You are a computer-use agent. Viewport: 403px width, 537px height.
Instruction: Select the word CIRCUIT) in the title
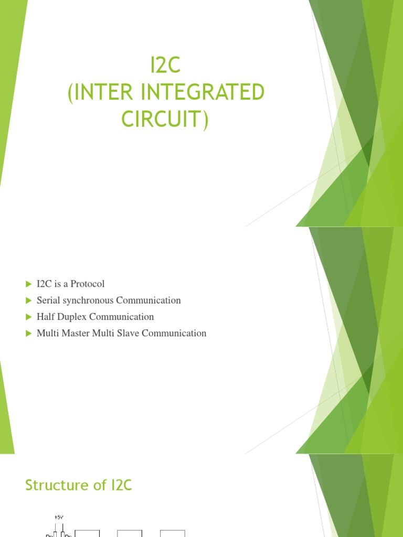165,119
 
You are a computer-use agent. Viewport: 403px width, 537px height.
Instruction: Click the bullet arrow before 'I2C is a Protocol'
28,284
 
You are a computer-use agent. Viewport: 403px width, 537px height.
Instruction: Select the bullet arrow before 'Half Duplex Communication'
28,317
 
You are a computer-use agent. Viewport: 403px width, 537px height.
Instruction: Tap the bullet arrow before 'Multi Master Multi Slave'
28,333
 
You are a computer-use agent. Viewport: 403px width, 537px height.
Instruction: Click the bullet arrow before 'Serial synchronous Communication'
28,300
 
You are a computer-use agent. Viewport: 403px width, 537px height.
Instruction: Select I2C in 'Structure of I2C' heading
121,486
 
